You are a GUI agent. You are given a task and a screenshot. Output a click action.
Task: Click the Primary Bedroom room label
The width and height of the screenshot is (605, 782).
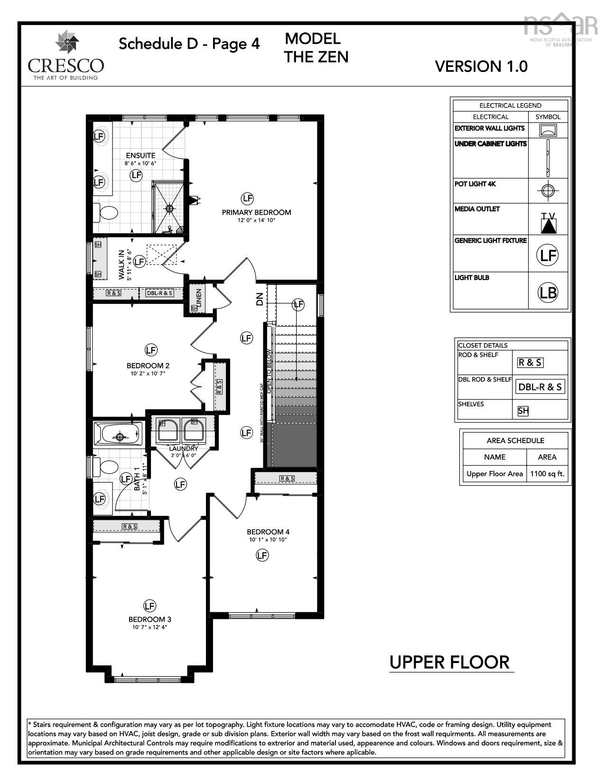click(256, 212)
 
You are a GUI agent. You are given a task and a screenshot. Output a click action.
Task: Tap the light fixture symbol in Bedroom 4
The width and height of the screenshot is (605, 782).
click(262, 555)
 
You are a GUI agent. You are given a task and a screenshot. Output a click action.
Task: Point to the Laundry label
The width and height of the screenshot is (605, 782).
click(184, 448)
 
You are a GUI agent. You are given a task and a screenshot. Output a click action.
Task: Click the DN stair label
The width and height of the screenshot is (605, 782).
click(259, 299)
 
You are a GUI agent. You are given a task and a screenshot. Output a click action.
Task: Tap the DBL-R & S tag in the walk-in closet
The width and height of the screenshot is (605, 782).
click(159, 293)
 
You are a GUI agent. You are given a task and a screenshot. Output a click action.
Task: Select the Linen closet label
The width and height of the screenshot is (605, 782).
click(199, 297)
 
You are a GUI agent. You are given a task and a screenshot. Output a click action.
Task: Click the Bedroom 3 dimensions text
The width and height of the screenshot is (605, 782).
click(149, 627)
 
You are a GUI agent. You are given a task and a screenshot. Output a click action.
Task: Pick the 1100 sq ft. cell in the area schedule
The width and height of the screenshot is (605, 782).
click(547, 473)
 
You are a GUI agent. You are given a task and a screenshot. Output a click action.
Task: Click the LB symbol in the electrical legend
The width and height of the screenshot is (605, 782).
click(548, 292)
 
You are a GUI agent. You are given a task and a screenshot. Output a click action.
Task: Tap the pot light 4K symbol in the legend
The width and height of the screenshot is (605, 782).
click(548, 191)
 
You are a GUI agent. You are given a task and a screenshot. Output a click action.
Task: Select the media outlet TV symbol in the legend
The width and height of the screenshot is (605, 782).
click(548, 223)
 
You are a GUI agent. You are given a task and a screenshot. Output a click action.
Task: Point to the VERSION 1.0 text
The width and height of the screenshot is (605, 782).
click(481, 66)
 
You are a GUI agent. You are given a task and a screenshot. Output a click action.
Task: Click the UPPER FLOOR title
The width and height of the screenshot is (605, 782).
click(449, 662)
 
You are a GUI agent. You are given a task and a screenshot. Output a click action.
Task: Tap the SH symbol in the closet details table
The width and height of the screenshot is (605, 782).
click(523, 411)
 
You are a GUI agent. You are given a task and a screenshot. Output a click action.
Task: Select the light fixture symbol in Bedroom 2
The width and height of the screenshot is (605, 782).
click(150, 350)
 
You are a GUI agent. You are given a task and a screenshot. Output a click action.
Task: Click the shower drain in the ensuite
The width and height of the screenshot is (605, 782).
click(169, 208)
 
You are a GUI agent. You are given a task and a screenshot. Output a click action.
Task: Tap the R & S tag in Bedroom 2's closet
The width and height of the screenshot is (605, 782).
click(219, 387)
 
